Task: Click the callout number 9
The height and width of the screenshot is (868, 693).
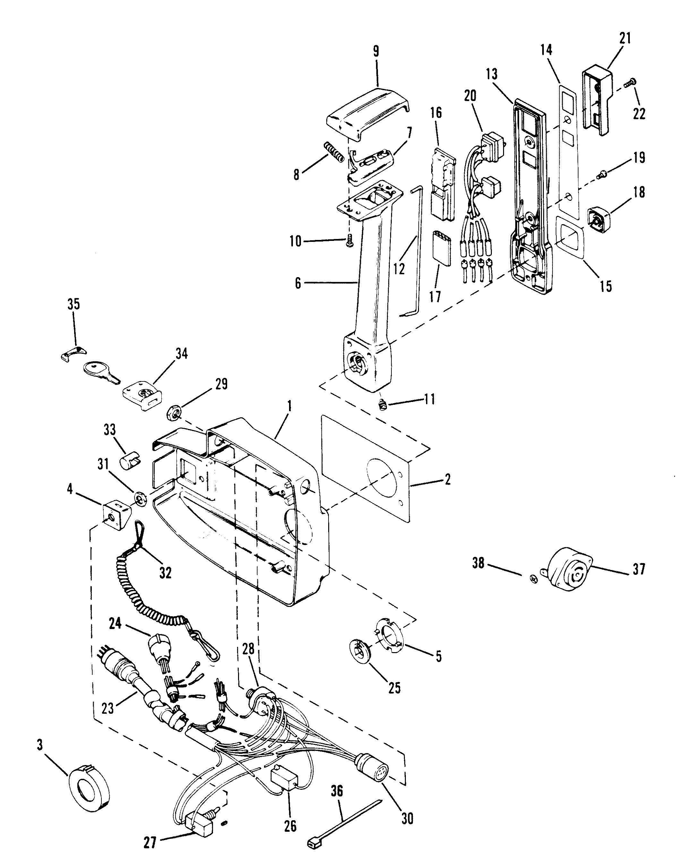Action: coord(376,52)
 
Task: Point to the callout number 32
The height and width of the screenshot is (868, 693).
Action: coord(165,573)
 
